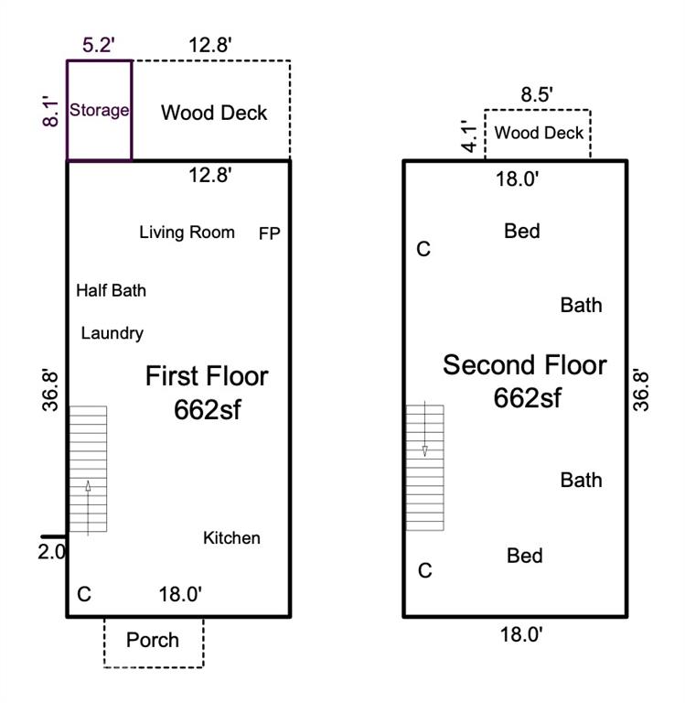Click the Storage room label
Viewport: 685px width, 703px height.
coord(99,111)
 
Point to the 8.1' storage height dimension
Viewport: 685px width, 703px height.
coord(54,111)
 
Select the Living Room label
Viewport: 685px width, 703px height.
coord(187,233)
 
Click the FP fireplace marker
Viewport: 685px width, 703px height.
coord(269,233)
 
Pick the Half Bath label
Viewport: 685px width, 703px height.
coord(111,290)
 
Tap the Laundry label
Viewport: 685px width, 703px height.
coord(112,333)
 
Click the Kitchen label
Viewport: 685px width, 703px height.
coord(231,538)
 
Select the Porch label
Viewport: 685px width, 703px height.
coord(153,640)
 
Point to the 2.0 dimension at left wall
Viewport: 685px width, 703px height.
coord(52,552)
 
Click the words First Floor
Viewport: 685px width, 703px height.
coord(207,376)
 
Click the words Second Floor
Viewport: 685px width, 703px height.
coord(524,365)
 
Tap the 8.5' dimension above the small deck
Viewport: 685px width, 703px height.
coord(537,94)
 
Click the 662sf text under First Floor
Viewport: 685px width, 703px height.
coord(207,410)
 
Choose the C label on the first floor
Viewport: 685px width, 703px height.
coord(84,595)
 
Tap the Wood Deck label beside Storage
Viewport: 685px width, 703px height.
coord(214,113)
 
